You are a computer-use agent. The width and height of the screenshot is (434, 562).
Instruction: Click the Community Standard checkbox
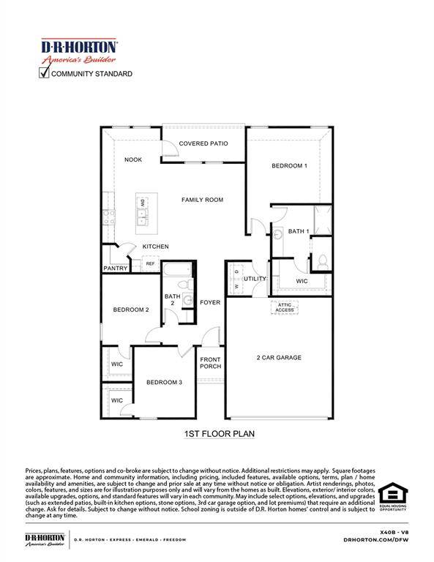point(45,72)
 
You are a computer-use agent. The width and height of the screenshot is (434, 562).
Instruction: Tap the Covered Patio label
point(203,143)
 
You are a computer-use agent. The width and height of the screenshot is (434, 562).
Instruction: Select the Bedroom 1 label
point(289,166)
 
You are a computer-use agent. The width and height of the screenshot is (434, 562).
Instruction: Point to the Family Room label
point(203,199)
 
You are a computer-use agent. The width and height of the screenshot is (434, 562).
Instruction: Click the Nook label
point(132,160)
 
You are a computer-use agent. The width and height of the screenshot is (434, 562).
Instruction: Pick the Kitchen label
point(155,247)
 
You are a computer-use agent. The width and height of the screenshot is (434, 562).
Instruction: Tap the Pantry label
point(116,269)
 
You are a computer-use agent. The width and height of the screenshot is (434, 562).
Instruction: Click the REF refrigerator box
point(150,263)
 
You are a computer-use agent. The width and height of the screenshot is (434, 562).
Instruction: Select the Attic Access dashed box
point(285,307)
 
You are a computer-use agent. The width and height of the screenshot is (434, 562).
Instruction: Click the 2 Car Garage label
point(279,358)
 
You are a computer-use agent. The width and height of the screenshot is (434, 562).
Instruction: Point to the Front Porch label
point(211,362)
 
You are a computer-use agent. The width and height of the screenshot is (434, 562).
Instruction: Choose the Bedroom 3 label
point(164,382)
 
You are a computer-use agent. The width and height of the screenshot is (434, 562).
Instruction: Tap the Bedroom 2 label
point(131,310)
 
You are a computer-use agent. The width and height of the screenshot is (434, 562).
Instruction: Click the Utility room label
point(255,279)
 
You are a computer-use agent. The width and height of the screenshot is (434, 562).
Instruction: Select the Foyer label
point(210,302)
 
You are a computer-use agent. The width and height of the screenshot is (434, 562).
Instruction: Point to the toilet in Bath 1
point(323,261)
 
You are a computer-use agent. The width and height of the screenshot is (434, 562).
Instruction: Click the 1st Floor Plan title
point(219,434)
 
